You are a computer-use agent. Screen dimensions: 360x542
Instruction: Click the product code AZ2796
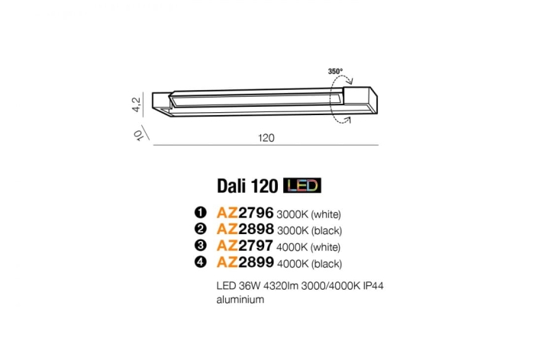[245, 214]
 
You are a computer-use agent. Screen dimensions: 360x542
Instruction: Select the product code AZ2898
[245, 230]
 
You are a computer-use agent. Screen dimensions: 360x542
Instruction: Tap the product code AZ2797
[245, 246]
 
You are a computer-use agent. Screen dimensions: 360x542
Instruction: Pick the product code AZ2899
[245, 263]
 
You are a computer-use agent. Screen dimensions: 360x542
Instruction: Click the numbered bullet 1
[202, 214]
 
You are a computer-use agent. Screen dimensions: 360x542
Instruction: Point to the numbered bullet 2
[202, 230]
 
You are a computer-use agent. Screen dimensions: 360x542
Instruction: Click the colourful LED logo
[302, 185]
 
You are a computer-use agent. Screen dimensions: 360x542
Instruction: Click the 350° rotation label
[335, 71]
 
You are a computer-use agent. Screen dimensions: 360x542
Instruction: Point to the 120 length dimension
[266, 139]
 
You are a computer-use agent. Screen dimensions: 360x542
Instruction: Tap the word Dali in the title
[229, 185]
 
